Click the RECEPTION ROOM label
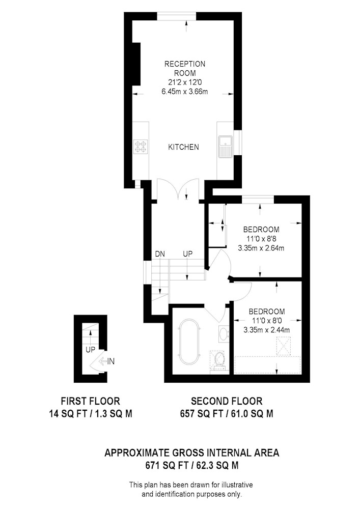click(185, 68)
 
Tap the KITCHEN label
click(183, 147)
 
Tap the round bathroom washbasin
click(224, 334)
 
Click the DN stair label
click(160, 254)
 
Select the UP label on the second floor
click(187, 254)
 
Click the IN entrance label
click(111, 361)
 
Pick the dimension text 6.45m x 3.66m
click(185, 92)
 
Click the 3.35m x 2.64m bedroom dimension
click(261, 248)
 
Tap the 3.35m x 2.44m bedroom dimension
click(266, 330)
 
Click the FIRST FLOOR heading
click(91, 401)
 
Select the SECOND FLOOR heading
click(227, 401)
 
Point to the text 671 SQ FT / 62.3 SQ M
click(191, 465)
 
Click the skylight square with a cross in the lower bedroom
click(284, 346)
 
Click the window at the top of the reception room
click(177, 16)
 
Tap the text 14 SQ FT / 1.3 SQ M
click(91, 413)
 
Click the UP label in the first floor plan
click(90, 350)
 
